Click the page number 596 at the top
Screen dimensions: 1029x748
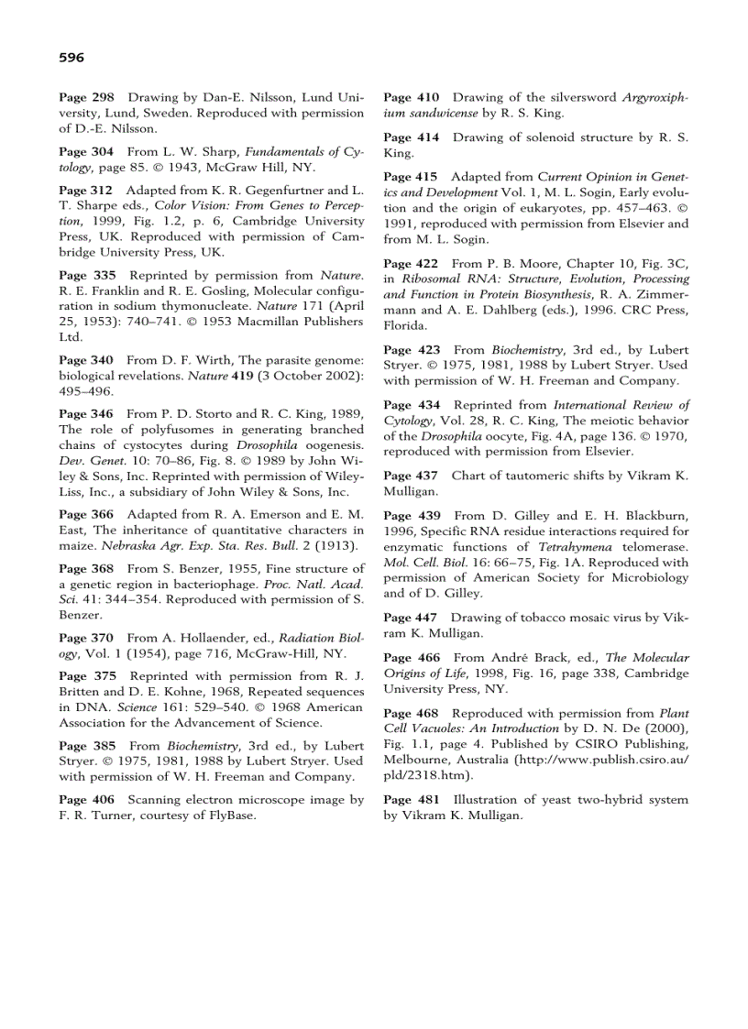(x=71, y=58)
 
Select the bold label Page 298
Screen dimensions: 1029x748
(x=86, y=97)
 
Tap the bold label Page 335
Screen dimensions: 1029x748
(x=86, y=275)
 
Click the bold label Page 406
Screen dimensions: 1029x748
(x=86, y=800)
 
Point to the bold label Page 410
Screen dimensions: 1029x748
(x=412, y=97)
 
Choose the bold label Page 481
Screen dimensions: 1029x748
(x=412, y=800)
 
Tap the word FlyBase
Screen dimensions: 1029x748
(x=230, y=815)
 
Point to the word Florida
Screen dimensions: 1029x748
(x=404, y=325)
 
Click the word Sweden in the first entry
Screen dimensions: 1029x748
(x=137, y=114)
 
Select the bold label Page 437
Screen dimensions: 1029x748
(x=412, y=476)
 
